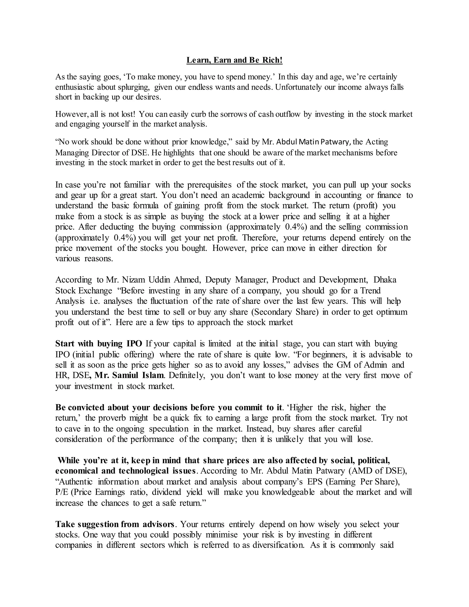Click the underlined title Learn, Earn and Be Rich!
coord(234,60)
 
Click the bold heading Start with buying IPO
coord(99,344)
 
